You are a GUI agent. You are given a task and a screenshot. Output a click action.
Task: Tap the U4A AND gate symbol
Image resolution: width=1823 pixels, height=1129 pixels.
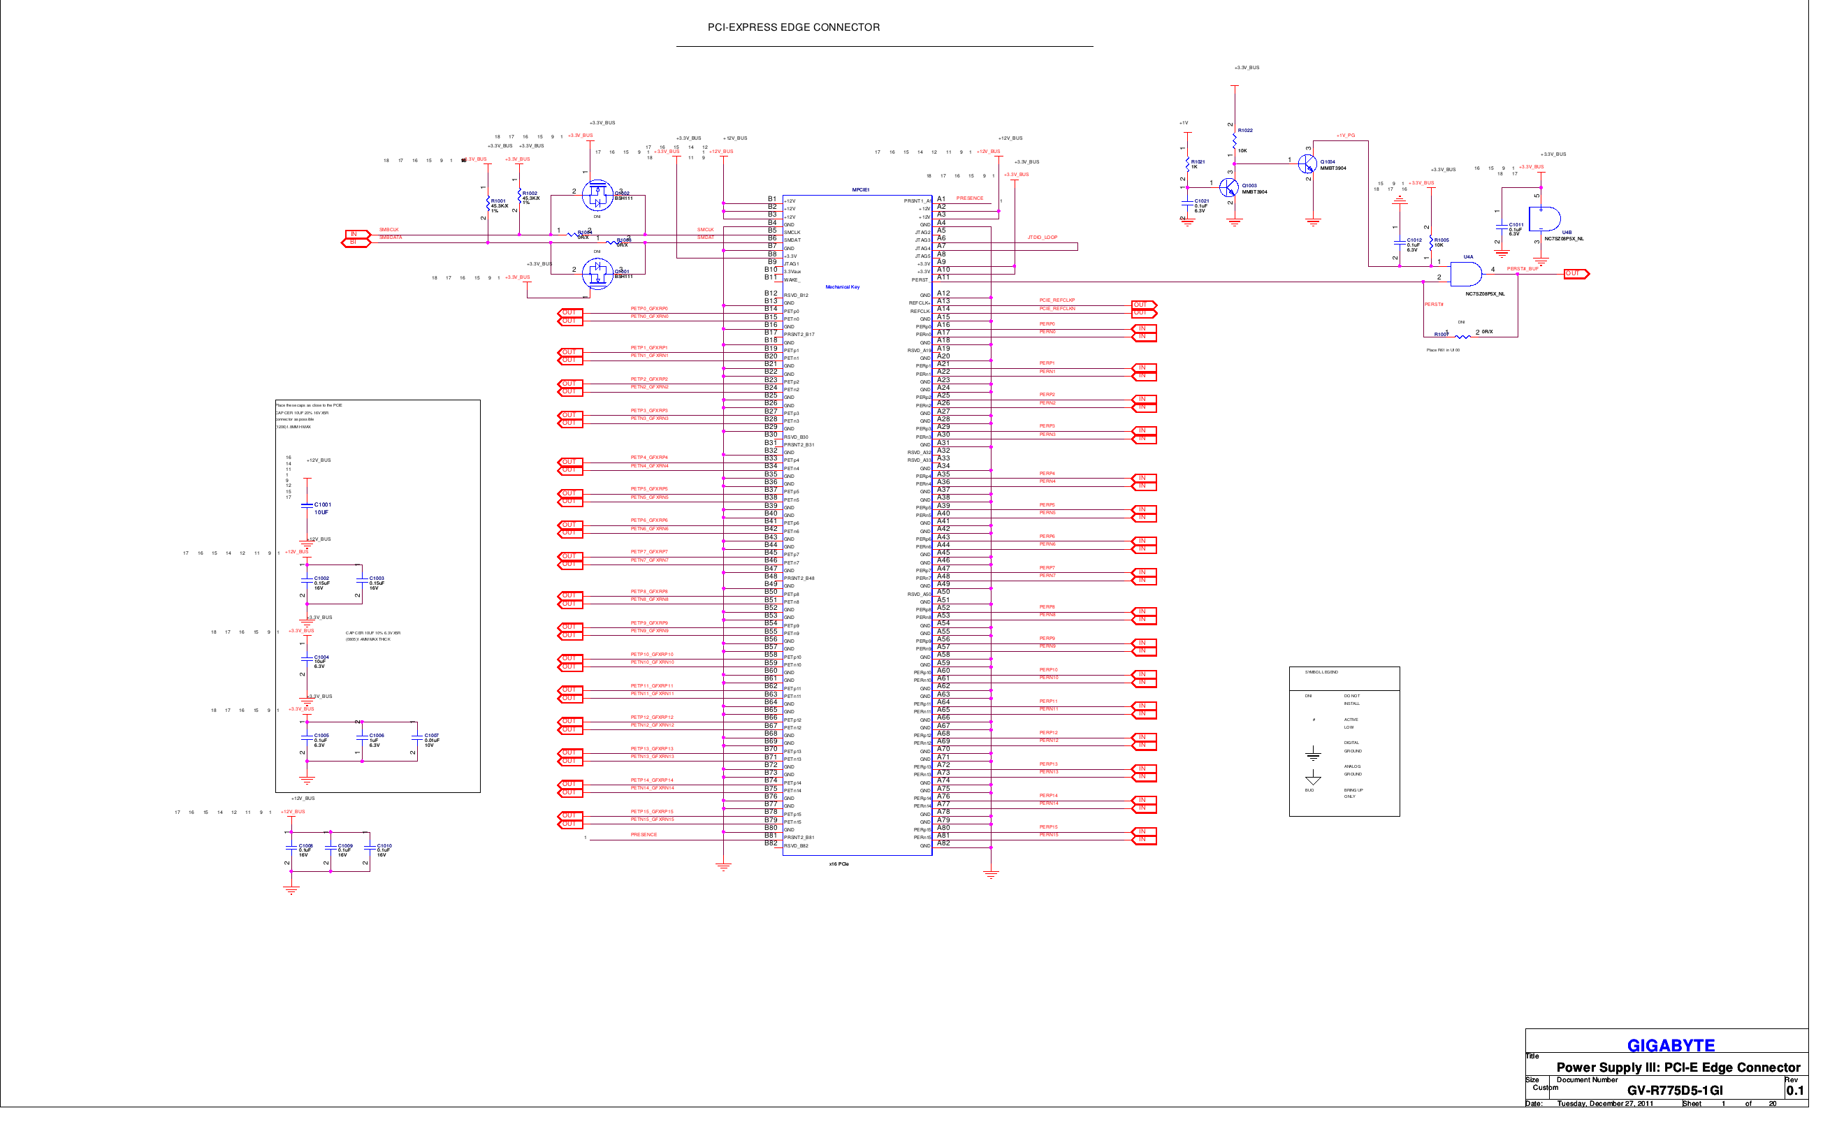pyautogui.click(x=1465, y=274)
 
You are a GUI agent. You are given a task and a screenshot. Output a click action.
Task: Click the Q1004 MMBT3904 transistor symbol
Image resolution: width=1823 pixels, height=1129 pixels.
pyautogui.click(x=1307, y=163)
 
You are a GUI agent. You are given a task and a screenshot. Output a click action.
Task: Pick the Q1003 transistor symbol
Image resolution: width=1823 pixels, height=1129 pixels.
pyautogui.click(x=1228, y=187)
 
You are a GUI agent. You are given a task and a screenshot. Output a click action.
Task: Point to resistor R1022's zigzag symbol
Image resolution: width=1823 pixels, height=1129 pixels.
pyautogui.click(x=1235, y=140)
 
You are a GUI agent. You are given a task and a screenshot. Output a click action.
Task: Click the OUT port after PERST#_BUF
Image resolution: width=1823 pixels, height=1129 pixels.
pyautogui.click(x=1576, y=274)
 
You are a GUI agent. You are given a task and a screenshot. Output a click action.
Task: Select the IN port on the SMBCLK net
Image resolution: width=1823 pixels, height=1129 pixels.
pyautogui.click(x=356, y=235)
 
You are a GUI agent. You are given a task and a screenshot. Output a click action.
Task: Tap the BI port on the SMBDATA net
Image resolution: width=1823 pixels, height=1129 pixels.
pyautogui.click(x=356, y=242)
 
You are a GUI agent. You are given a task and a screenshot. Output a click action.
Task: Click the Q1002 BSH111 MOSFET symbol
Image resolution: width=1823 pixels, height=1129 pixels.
pyautogui.click(x=597, y=196)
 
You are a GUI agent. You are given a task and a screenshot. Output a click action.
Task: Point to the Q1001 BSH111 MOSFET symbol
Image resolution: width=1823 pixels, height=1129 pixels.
pyautogui.click(x=597, y=274)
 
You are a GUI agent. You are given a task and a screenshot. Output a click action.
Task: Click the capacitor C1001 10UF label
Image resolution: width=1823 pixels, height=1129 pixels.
pyautogui.click(x=322, y=509)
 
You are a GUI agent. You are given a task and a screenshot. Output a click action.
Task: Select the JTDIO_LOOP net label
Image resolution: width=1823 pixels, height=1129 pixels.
pyautogui.click(x=1042, y=238)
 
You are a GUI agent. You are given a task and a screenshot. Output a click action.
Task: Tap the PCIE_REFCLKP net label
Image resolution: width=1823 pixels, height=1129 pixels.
pyautogui.click(x=1056, y=300)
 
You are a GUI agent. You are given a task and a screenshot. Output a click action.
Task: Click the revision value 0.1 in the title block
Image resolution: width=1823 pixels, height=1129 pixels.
pyautogui.click(x=1794, y=1090)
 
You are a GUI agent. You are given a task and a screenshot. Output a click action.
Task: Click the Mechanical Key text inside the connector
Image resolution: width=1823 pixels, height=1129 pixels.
pyautogui.click(x=843, y=286)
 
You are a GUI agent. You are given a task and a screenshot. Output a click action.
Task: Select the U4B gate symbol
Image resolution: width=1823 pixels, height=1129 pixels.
pyautogui.click(x=1544, y=219)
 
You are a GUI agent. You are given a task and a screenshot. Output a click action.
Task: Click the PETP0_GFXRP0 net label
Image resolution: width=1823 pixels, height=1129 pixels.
pyautogui.click(x=649, y=308)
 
